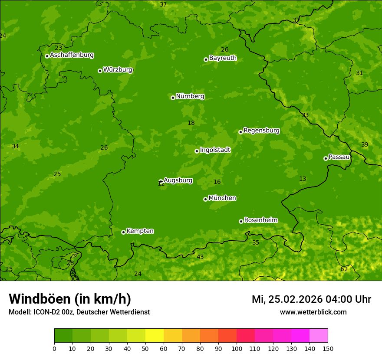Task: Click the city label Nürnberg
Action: (x=190, y=96)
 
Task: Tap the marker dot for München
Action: (x=205, y=199)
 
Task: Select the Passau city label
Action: (x=339, y=157)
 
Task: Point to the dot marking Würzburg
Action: (x=100, y=71)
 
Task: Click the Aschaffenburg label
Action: (x=72, y=55)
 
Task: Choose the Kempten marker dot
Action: (x=123, y=232)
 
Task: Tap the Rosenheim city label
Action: (x=260, y=220)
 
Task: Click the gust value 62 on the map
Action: (x=344, y=269)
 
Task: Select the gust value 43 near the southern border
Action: (x=200, y=257)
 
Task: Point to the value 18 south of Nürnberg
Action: (x=191, y=123)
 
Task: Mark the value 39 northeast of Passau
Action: (x=365, y=144)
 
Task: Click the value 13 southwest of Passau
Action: (x=303, y=179)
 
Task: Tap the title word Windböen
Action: (x=40, y=299)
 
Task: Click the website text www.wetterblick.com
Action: (x=313, y=312)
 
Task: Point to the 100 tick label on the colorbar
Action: (x=237, y=348)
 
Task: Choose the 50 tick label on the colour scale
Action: (x=145, y=348)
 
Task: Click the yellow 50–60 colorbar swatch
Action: (x=155, y=336)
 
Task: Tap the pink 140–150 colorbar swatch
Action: (x=319, y=336)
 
